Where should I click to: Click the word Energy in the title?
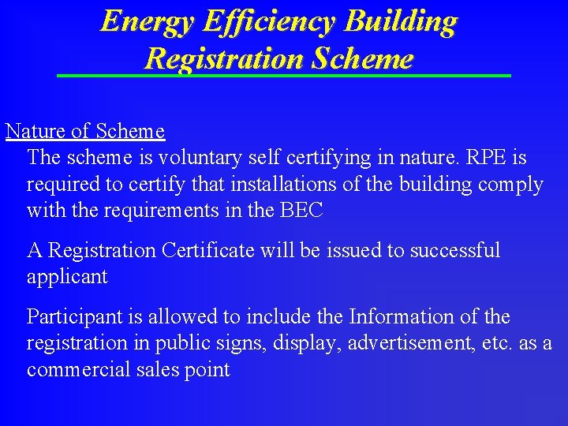point(147,22)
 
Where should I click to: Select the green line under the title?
point(284,75)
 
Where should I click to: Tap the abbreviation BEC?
point(300,211)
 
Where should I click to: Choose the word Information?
point(401,317)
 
